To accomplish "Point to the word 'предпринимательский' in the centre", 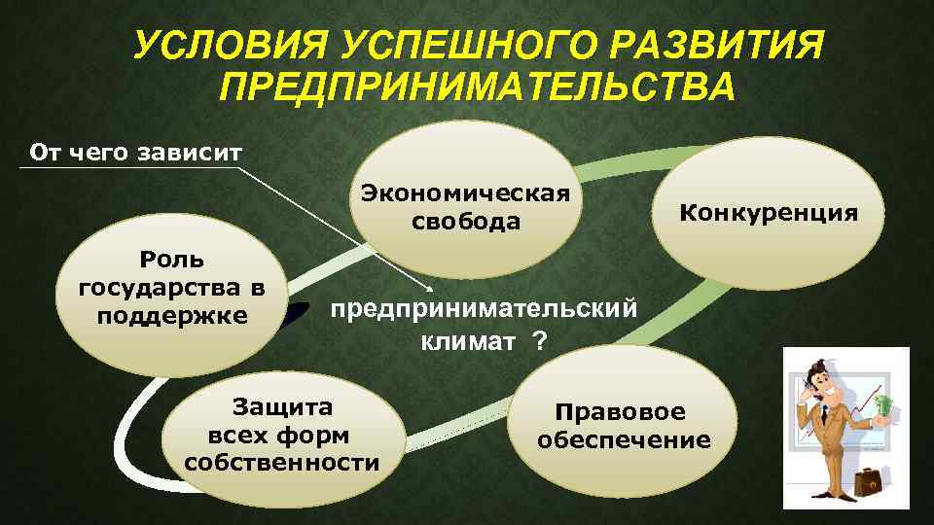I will click(485, 309).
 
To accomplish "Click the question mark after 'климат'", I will click(539, 342).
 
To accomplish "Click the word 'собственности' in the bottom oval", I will click(281, 460).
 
